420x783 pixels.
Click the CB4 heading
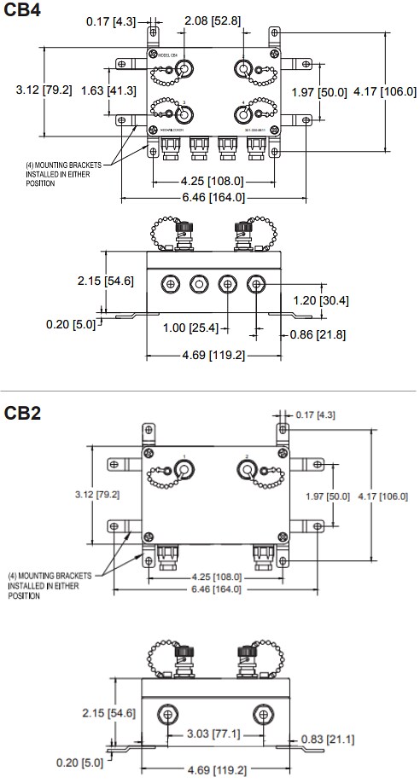[22, 12]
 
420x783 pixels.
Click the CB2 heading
[22, 414]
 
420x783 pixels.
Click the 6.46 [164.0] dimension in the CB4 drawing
[213, 197]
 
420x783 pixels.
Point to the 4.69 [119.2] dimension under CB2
[213, 771]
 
